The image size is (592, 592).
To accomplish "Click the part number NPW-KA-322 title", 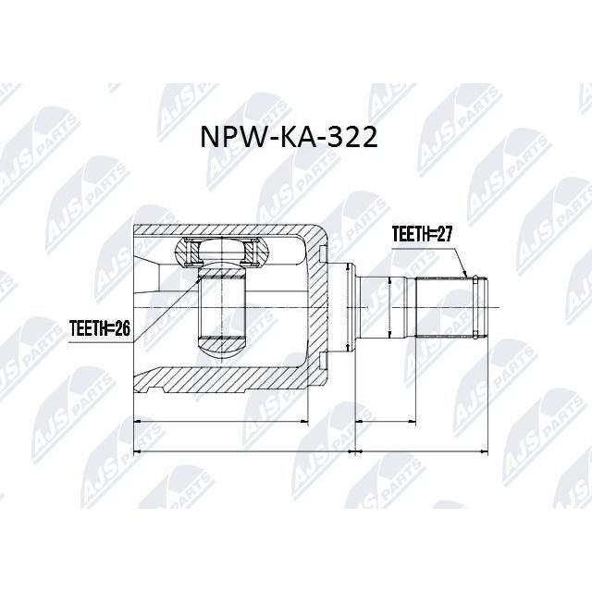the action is [289, 137].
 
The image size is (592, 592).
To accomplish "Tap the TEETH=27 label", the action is [422, 234].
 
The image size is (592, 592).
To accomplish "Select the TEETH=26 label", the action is [100, 329].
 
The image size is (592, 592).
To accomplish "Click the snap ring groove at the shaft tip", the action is [475, 306].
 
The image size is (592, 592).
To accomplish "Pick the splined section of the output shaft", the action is [444, 307].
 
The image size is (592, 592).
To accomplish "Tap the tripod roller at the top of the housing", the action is [222, 252].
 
